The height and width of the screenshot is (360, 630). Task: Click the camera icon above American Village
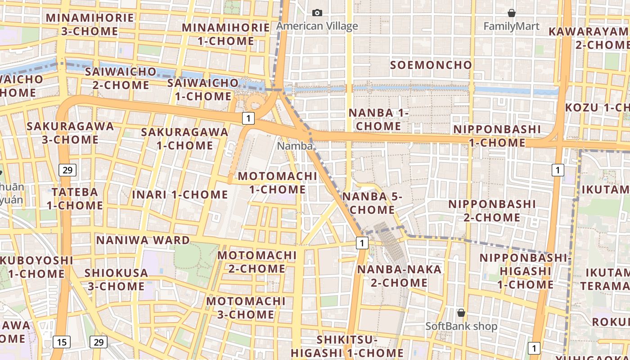pyautogui.click(x=317, y=13)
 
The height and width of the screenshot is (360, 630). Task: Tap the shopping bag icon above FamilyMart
pyautogui.click(x=511, y=13)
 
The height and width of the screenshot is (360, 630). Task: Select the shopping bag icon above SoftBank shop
pyautogui.click(x=461, y=312)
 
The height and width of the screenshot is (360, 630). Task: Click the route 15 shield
pyautogui.click(x=62, y=342)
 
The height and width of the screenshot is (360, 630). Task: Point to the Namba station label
pyautogui.click(x=295, y=146)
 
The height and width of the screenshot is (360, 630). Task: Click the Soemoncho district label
pyautogui.click(x=431, y=65)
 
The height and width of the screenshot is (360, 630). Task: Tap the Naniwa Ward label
pyautogui.click(x=143, y=240)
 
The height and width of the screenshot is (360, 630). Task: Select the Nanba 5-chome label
pyautogui.click(x=372, y=203)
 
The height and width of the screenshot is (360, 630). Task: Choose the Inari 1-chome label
pyautogui.click(x=180, y=194)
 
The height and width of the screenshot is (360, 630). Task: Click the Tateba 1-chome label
pyautogui.click(x=75, y=198)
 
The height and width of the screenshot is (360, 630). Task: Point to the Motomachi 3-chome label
pyautogui.click(x=246, y=307)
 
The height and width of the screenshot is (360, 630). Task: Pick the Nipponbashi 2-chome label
pyautogui.click(x=492, y=211)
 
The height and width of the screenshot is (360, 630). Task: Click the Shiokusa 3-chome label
pyautogui.click(x=116, y=279)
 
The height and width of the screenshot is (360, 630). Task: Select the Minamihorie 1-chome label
pyautogui.click(x=226, y=34)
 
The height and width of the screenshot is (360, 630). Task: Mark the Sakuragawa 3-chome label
pyautogui.click(x=70, y=132)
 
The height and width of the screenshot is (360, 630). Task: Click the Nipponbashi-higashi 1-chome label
pyautogui.click(x=525, y=271)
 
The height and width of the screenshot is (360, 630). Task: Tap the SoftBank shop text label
pyautogui.click(x=461, y=326)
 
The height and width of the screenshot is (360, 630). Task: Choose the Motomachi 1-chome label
pyautogui.click(x=278, y=182)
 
